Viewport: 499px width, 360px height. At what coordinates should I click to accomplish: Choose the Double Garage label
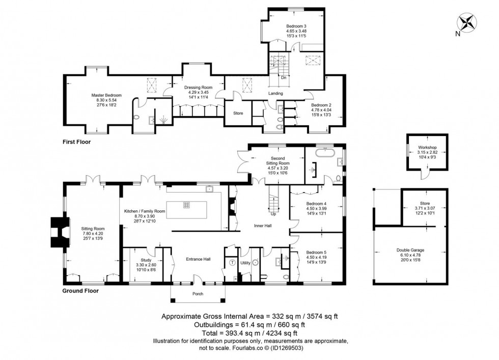pyautogui.click(x=410, y=250)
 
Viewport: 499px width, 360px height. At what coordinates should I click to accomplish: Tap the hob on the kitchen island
pyautogui.click(x=187, y=206)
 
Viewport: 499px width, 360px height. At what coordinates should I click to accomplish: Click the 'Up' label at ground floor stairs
pyautogui.click(x=273, y=214)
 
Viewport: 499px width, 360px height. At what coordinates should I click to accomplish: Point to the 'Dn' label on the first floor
pyautogui.click(x=284, y=78)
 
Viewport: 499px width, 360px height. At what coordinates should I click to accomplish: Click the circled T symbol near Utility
pyautogui.click(x=233, y=263)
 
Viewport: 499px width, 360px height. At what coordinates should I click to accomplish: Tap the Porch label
pyautogui.click(x=198, y=294)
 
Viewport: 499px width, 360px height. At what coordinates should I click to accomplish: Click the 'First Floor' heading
pyautogui.click(x=76, y=142)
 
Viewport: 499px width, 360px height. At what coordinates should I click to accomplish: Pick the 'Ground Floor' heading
pyautogui.click(x=80, y=291)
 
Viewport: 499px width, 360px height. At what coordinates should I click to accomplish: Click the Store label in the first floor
pyautogui.click(x=238, y=113)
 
